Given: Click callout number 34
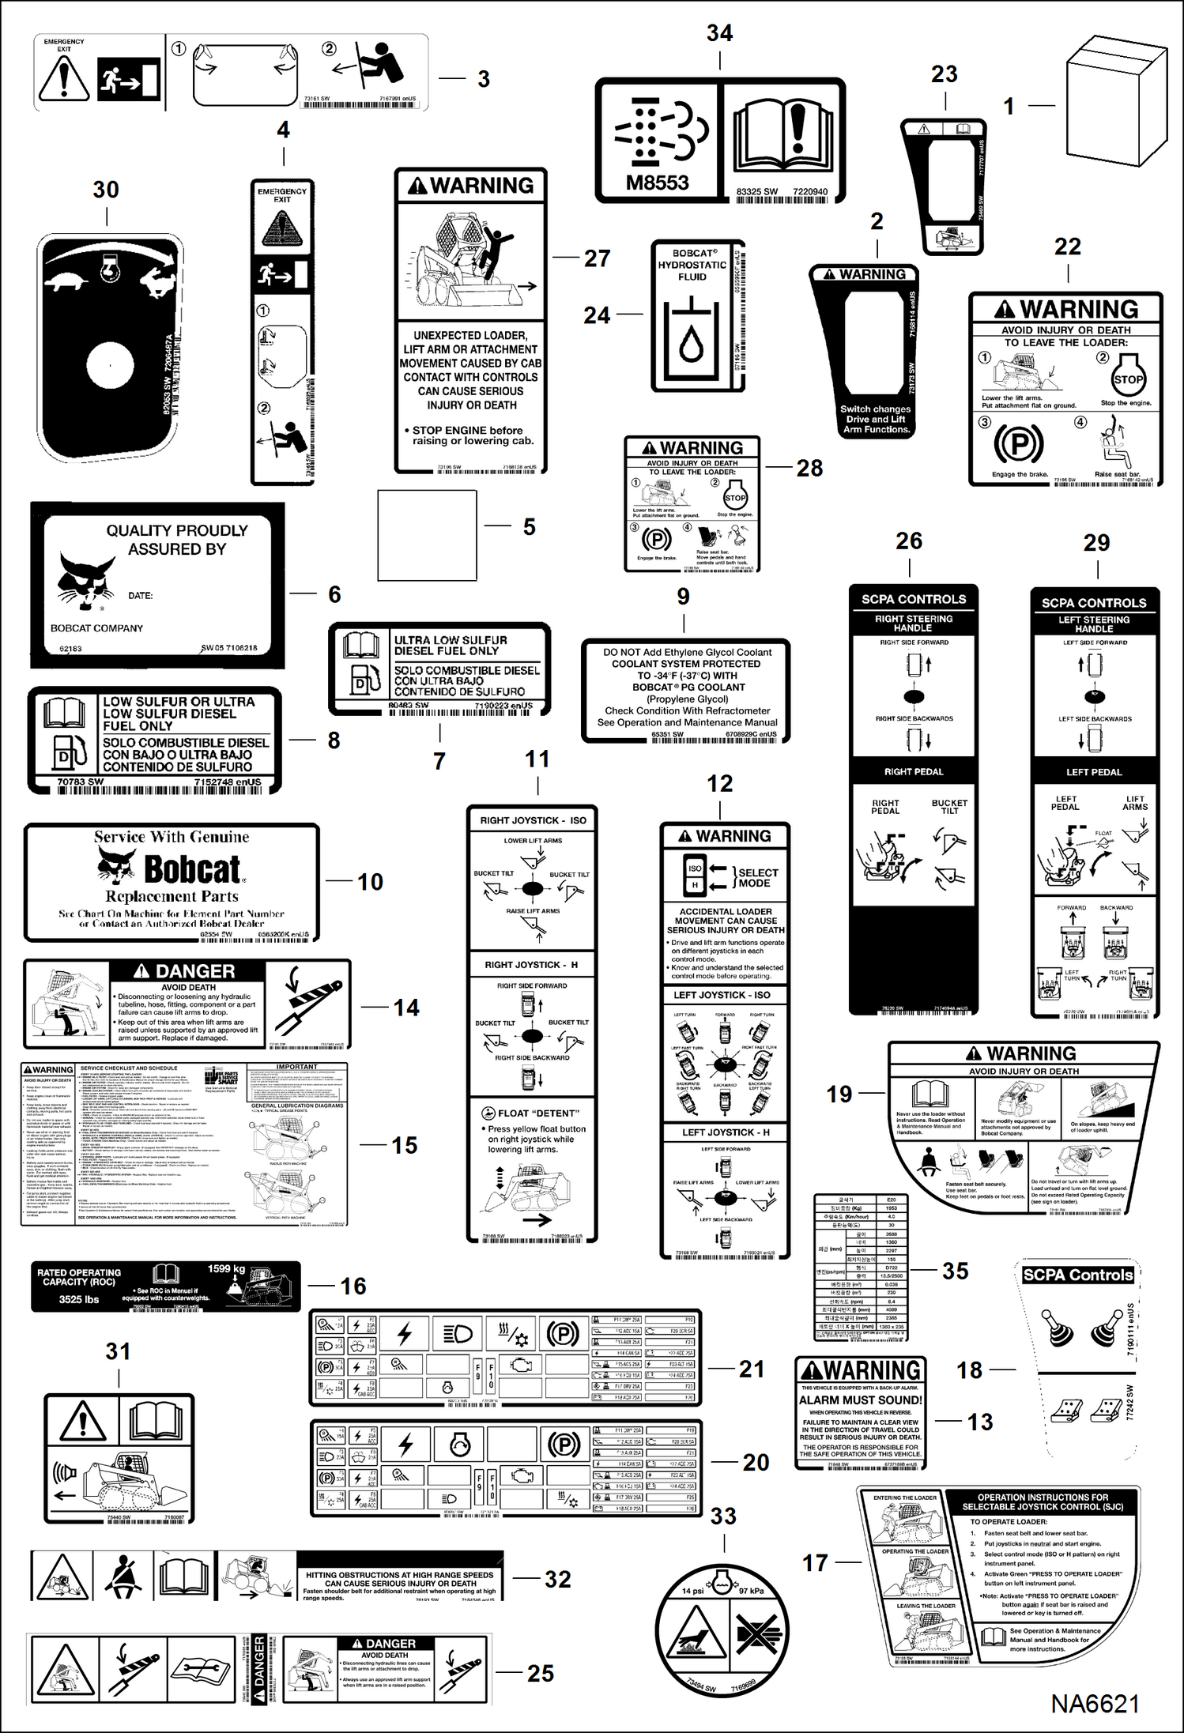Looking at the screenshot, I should pos(719,33).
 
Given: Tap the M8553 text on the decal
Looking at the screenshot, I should pos(657,183).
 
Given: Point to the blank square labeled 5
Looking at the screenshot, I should pos(427,535).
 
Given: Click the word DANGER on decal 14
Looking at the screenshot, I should pos(194,971).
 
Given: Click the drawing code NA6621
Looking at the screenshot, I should pos(1095,1703).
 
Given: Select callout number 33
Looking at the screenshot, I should pos(723,1516).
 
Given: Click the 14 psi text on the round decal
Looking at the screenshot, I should pos(692,1591).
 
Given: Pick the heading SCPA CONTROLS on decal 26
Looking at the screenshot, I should pos(914,599).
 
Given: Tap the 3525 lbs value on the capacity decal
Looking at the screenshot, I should pos(79,1299).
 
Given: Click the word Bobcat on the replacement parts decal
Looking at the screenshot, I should pos(192,869).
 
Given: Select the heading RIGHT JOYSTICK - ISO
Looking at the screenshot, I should pos(533,820).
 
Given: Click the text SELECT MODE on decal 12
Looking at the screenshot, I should pos(757,878).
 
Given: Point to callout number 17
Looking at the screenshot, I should pos(815,1562).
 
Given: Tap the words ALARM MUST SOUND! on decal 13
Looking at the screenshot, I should pos(860,1400).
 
